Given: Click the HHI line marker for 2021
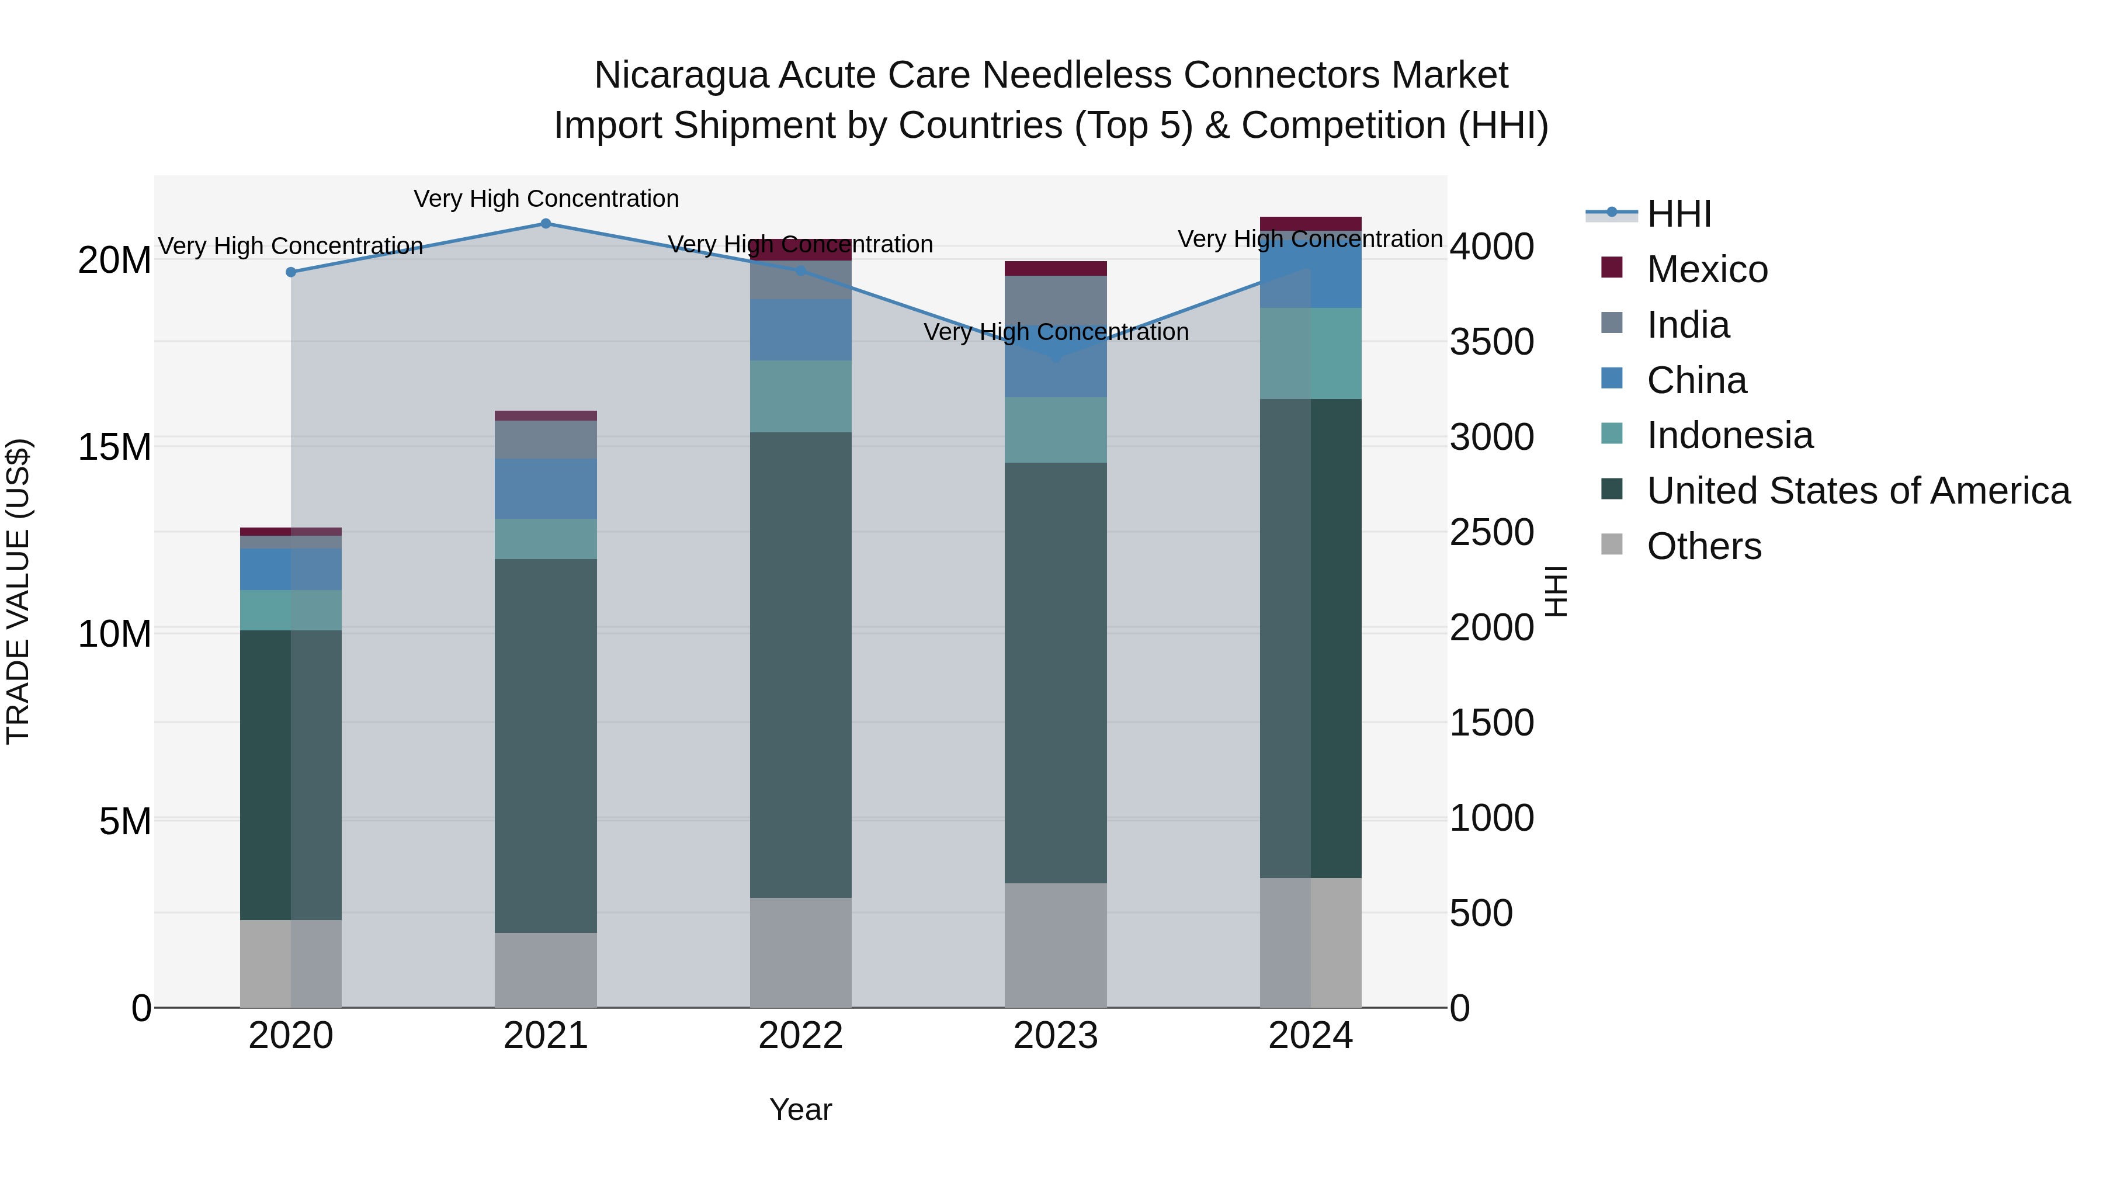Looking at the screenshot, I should [546, 224].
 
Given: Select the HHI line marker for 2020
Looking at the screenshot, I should [291, 272].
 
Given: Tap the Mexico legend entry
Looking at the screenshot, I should [1706, 269].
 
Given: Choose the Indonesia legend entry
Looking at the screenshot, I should [1729, 435].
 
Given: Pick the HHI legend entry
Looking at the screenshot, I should [1678, 214].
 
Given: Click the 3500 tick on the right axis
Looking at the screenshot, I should [1491, 342].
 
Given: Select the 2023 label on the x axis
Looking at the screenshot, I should [1055, 1036].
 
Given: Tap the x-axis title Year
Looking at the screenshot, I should [800, 1109].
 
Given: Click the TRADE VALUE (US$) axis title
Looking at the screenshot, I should [18, 591].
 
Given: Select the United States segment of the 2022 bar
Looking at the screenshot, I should [800, 665].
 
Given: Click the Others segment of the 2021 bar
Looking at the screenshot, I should [546, 970].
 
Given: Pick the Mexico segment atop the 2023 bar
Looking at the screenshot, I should [1055, 269].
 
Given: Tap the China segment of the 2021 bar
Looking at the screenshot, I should [546, 488].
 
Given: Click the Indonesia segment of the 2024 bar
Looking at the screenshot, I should [1310, 353].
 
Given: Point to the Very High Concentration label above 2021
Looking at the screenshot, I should [546, 199].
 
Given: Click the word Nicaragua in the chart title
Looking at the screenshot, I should [680, 75].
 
